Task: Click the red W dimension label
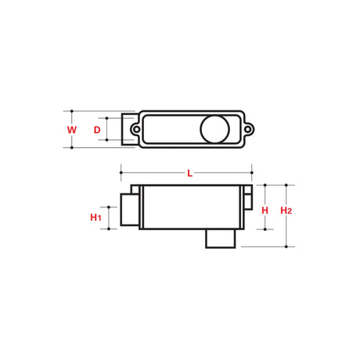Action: [x=71, y=129]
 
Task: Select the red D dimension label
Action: [x=97, y=129]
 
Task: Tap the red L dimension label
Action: [x=189, y=173]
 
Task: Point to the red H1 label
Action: [x=96, y=217]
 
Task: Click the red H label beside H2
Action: [x=265, y=211]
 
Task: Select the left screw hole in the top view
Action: [x=135, y=128]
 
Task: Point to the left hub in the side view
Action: [x=129, y=209]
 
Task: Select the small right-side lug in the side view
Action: [x=247, y=200]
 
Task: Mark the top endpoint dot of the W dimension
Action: [x=71, y=110]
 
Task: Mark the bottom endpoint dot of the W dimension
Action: [x=71, y=147]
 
